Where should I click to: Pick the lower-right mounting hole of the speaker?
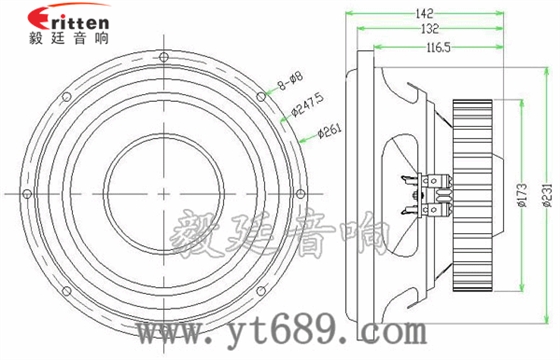(258, 287)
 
